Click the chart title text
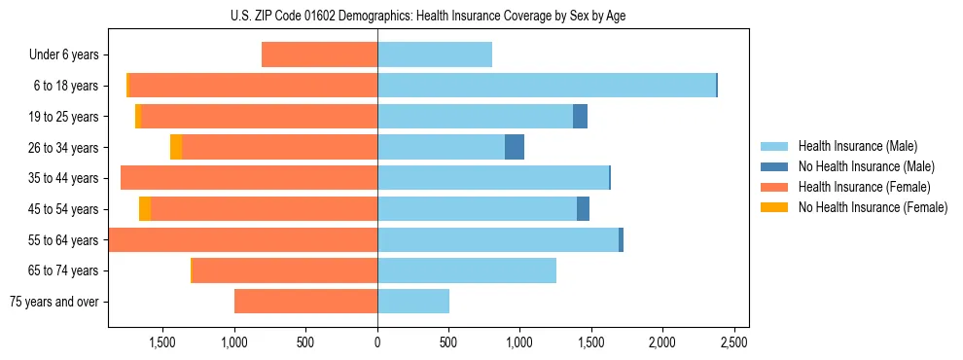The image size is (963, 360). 428,17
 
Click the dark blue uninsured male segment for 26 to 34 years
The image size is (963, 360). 515,147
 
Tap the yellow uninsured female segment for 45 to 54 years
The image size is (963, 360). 145,209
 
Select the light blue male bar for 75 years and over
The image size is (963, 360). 413,302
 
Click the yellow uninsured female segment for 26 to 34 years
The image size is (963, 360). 176,147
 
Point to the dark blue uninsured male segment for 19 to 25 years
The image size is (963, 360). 580,117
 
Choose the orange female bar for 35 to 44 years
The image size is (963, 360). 249,178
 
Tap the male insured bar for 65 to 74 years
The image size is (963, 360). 467,270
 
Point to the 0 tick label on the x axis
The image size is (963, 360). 377,342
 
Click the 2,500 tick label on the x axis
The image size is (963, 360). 733,342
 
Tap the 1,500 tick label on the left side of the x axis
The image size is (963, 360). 162,342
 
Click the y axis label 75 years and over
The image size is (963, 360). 53,302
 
